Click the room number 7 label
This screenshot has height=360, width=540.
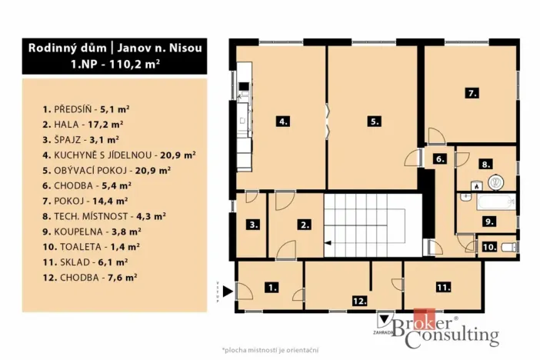pos(472,93)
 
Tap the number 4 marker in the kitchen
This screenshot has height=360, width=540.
pos(283,122)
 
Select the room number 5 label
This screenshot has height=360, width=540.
pos(375,122)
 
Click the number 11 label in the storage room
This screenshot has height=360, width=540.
pos(443,287)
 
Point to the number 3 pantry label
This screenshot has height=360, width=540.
pos(254,225)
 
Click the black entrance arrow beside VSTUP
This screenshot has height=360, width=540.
pos(228,291)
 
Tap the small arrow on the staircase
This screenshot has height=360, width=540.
pos(328,243)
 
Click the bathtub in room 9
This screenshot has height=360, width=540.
pos(496,202)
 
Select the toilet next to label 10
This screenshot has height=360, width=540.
pos(509,247)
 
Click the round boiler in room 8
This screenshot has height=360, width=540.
pos(495,182)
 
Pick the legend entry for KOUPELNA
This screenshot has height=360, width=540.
pos(92,232)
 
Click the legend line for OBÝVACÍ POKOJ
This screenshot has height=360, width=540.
pos(107,171)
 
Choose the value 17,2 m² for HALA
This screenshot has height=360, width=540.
pos(105,125)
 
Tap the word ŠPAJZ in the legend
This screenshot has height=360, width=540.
pos(68,139)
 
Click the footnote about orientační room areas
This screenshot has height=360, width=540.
pos(270,350)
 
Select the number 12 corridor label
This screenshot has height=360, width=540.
pos(359,301)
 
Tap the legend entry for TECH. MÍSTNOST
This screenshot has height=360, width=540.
pos(104,216)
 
